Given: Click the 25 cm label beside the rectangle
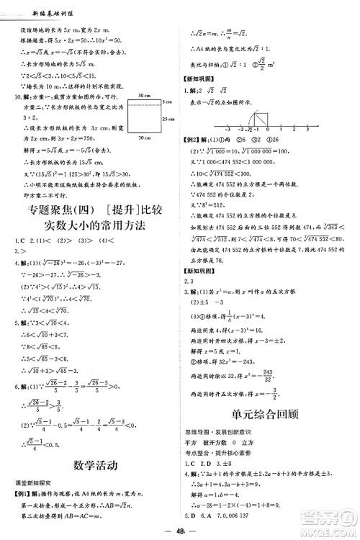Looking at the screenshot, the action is pyautogui.click(x=169, y=117).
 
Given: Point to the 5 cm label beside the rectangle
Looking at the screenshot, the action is pyautogui.click(x=168, y=102).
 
